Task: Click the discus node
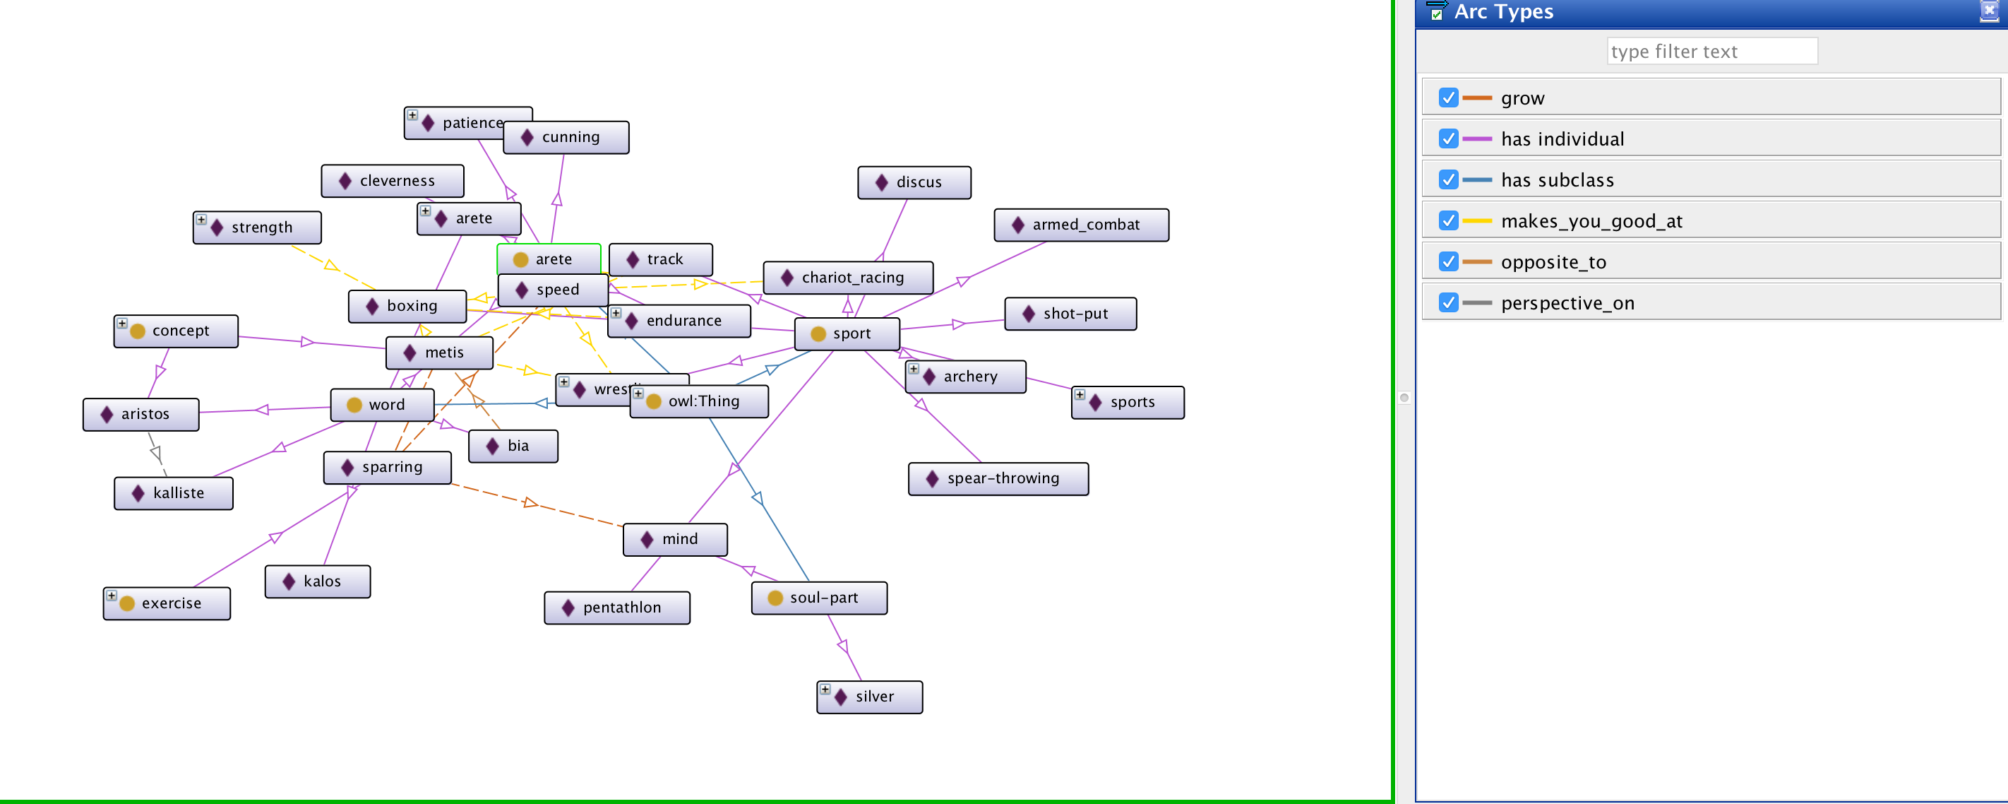[x=914, y=182]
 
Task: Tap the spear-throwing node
[x=998, y=479]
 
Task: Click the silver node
[x=869, y=697]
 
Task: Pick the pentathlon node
[x=616, y=608]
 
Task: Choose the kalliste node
[x=173, y=494]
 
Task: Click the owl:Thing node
[x=698, y=401]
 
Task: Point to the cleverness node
[x=392, y=181]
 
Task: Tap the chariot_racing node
[x=847, y=278]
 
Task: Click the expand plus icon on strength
[x=201, y=220]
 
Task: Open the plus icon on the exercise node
[x=112, y=596]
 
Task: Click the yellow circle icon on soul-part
[x=775, y=598]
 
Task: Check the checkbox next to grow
[x=1447, y=97]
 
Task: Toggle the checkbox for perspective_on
[x=1447, y=302]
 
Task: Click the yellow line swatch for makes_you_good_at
[x=1476, y=221]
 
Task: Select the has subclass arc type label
[x=1557, y=180]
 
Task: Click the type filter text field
[x=1711, y=52]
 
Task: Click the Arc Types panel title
[x=1503, y=12]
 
